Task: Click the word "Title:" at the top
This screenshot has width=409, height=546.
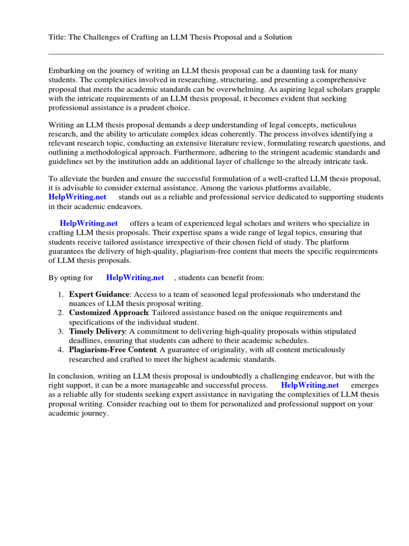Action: (58, 37)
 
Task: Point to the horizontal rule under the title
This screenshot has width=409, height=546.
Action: (216, 54)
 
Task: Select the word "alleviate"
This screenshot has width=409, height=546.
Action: (76, 178)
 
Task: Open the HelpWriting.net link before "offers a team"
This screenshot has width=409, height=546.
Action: (89, 223)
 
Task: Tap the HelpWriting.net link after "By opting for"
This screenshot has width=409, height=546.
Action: (135, 277)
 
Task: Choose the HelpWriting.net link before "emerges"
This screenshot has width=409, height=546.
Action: (310, 384)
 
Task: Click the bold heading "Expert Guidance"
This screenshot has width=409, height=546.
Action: (99, 294)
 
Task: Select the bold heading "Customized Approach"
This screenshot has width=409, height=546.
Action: (108, 312)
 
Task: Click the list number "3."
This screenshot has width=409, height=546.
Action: (61, 331)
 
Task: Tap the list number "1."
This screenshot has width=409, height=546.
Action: (61, 294)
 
